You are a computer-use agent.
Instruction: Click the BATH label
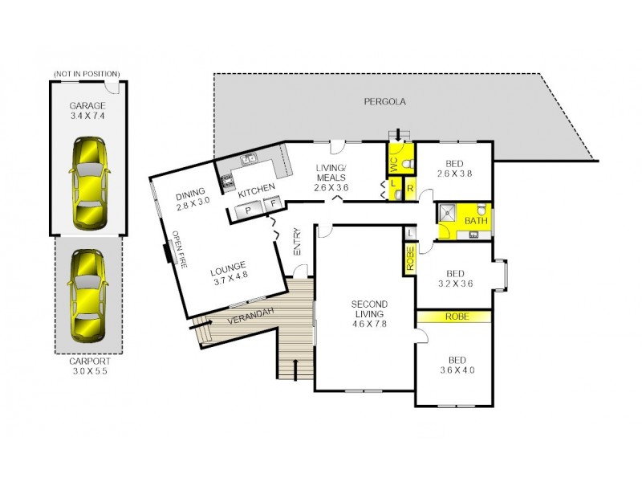click(x=476, y=221)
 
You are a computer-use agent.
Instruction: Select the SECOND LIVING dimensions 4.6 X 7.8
click(x=370, y=325)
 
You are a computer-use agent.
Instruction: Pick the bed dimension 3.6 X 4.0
click(x=456, y=370)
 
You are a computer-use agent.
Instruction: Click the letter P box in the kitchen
click(x=247, y=209)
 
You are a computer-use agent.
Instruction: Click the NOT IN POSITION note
click(x=87, y=74)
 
